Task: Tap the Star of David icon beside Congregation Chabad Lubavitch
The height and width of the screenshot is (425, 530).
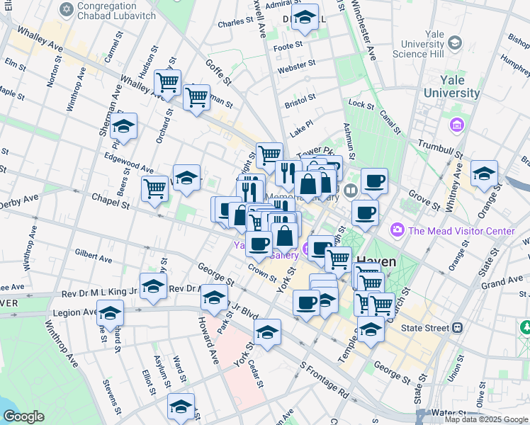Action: [x=67, y=10]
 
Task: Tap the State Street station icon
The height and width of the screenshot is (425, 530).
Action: [x=458, y=328]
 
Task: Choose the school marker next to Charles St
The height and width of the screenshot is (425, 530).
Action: [x=305, y=18]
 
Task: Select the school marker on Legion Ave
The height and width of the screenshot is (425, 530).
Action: [x=110, y=312]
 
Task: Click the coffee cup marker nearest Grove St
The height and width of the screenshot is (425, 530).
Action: [x=373, y=181]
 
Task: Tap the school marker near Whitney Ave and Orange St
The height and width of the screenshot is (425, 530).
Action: [x=484, y=173]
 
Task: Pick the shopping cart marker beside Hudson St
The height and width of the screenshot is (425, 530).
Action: [x=167, y=82]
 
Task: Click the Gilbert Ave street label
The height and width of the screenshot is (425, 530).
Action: [x=94, y=256]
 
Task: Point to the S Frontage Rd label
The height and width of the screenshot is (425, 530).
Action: [x=324, y=379]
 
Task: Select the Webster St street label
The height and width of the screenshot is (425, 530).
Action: [x=296, y=67]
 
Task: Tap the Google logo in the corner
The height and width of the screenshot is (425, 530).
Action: [x=24, y=416]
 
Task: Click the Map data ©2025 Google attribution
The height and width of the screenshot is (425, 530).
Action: [x=486, y=419]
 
